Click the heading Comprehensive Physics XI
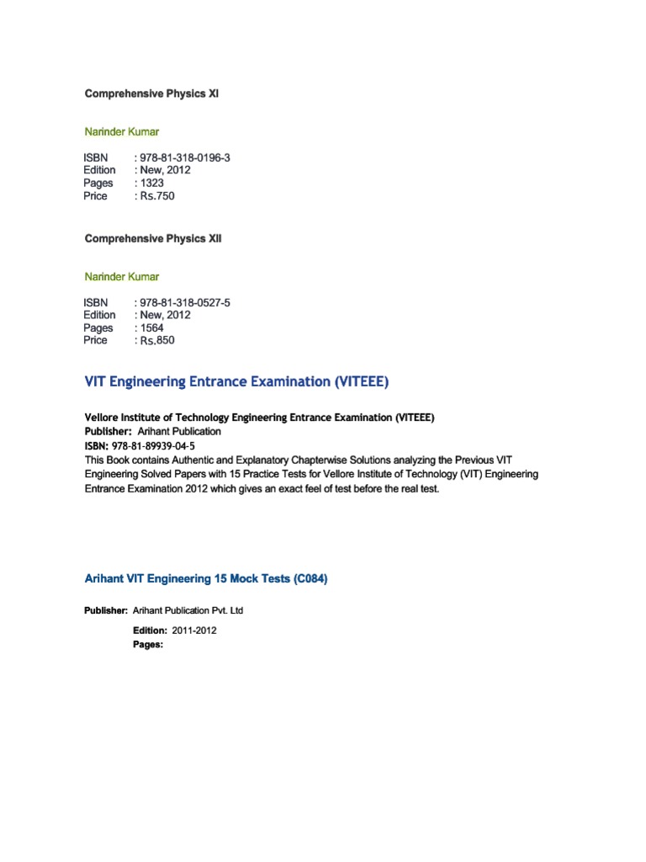[x=151, y=93]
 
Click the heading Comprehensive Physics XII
[x=153, y=238]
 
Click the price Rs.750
[x=157, y=196]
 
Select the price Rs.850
[x=157, y=341]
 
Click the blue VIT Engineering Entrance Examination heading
[x=237, y=382]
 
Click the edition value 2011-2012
[x=194, y=630]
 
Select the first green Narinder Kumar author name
[x=122, y=131]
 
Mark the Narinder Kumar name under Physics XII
[x=122, y=276]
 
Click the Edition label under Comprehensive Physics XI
[x=99, y=170]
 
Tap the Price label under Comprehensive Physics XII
[x=95, y=341]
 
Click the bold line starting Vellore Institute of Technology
[x=260, y=418]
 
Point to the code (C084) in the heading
[x=306, y=579]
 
